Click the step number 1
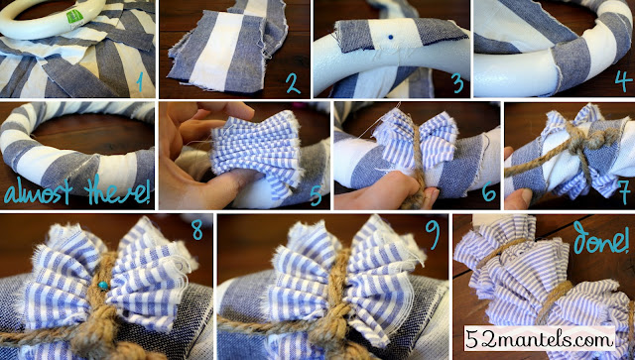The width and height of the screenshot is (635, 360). pos(139,80)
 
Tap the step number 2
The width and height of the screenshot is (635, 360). pos(294,82)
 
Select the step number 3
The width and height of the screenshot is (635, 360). pos(458,82)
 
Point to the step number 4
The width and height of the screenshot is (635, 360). pos(623,80)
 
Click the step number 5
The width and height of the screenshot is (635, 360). pos(316,193)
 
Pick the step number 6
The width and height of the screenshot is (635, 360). pos(489,191)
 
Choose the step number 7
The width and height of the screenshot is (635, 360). pos(624,193)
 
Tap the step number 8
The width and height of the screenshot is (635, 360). pos(197,230)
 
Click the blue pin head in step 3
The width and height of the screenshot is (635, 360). pos(390,38)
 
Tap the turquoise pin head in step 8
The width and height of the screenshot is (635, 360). pos(103,286)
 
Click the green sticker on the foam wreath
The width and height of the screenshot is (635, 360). pos(74,16)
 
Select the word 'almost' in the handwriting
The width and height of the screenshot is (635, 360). pos(39,192)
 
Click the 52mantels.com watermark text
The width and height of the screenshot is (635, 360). pos(539,338)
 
